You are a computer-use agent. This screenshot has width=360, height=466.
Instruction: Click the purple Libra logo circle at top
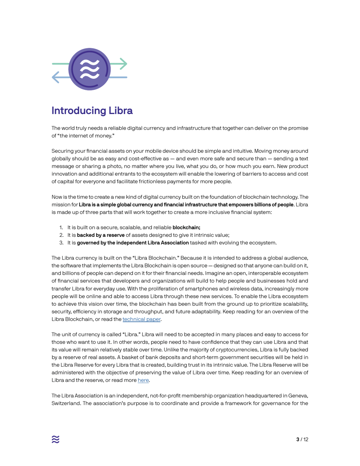(89, 69)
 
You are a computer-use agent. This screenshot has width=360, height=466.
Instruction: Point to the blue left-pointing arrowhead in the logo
(55, 77)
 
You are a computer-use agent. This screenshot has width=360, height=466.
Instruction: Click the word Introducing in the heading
(78, 111)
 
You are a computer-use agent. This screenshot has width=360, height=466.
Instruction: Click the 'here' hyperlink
(143, 380)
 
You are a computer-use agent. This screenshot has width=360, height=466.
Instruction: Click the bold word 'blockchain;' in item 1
(186, 228)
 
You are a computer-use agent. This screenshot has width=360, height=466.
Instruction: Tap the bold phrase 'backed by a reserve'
(101, 235)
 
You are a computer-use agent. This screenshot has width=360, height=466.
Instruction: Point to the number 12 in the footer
(305, 439)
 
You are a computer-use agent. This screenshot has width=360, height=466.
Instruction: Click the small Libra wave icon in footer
(56, 439)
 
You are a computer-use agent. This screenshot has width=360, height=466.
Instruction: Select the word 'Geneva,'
(298, 396)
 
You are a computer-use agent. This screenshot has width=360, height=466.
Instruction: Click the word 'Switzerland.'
(65, 403)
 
